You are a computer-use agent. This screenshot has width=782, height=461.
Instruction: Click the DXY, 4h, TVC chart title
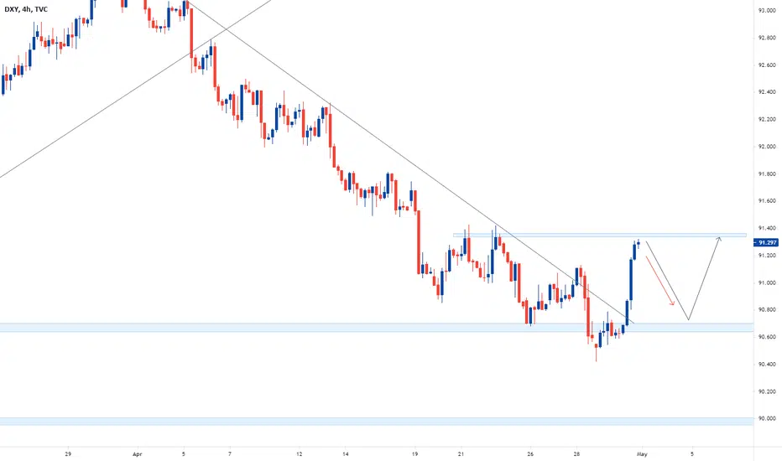26,9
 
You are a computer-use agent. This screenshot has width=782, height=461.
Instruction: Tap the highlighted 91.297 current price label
767,243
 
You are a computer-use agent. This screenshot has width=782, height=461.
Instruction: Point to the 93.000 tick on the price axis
767,10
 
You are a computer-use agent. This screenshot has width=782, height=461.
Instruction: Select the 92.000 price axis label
767,147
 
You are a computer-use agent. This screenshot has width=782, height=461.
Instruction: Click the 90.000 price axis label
767,418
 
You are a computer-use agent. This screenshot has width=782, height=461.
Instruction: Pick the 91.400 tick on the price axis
767,228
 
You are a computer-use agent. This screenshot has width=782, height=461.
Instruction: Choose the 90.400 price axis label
767,365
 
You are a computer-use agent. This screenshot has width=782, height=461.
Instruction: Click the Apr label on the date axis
138,454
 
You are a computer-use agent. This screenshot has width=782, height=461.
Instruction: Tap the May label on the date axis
642,454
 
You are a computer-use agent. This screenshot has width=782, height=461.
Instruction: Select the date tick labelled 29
68,454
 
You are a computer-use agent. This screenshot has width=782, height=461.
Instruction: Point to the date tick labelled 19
415,454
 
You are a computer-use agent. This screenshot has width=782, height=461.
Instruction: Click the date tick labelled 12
300,454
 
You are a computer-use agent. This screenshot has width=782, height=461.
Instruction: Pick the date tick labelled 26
530,454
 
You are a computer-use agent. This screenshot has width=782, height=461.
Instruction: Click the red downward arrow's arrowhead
673,303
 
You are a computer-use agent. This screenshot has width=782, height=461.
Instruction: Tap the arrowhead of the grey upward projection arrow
719,239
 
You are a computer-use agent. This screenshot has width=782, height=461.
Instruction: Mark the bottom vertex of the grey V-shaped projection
688,319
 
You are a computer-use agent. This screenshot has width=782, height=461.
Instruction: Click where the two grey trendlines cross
227,30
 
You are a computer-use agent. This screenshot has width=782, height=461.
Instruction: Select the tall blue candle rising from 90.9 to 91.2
631,279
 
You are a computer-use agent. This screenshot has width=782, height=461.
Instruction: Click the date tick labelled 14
345,454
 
